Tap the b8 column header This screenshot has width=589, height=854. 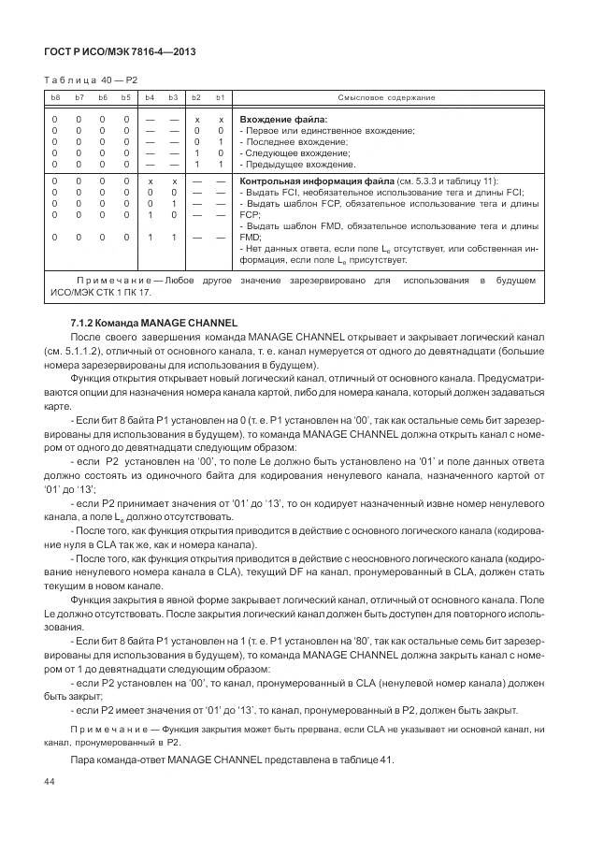pyautogui.click(x=55, y=98)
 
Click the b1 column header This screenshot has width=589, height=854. pyautogui.click(x=220, y=98)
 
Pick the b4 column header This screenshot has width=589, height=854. pyautogui.click(x=150, y=98)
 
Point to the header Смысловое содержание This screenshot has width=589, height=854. pyautogui.click(x=386, y=98)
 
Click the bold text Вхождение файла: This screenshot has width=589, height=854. pyautogui.click(x=283, y=120)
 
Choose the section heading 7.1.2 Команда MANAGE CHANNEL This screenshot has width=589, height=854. pyautogui.click(x=154, y=322)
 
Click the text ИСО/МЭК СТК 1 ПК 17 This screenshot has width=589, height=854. pyautogui.click(x=100, y=292)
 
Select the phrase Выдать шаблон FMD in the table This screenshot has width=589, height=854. pyautogui.click(x=293, y=225)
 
